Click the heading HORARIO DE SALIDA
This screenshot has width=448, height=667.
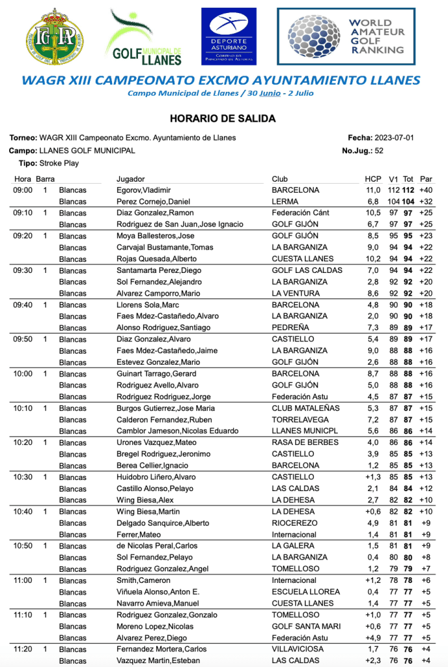[223, 119]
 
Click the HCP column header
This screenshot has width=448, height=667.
[372, 179]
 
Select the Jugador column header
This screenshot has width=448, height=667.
[130, 179]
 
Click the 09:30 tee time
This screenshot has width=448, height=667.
[23, 270]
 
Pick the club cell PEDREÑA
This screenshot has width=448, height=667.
[290, 328]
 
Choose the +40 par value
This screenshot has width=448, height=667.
[426, 190]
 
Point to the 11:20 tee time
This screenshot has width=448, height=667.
[23, 649]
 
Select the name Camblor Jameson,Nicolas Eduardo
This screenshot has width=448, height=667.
[177, 431]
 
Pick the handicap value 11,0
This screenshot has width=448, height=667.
[372, 190]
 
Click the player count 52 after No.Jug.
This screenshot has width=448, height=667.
[379, 150]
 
